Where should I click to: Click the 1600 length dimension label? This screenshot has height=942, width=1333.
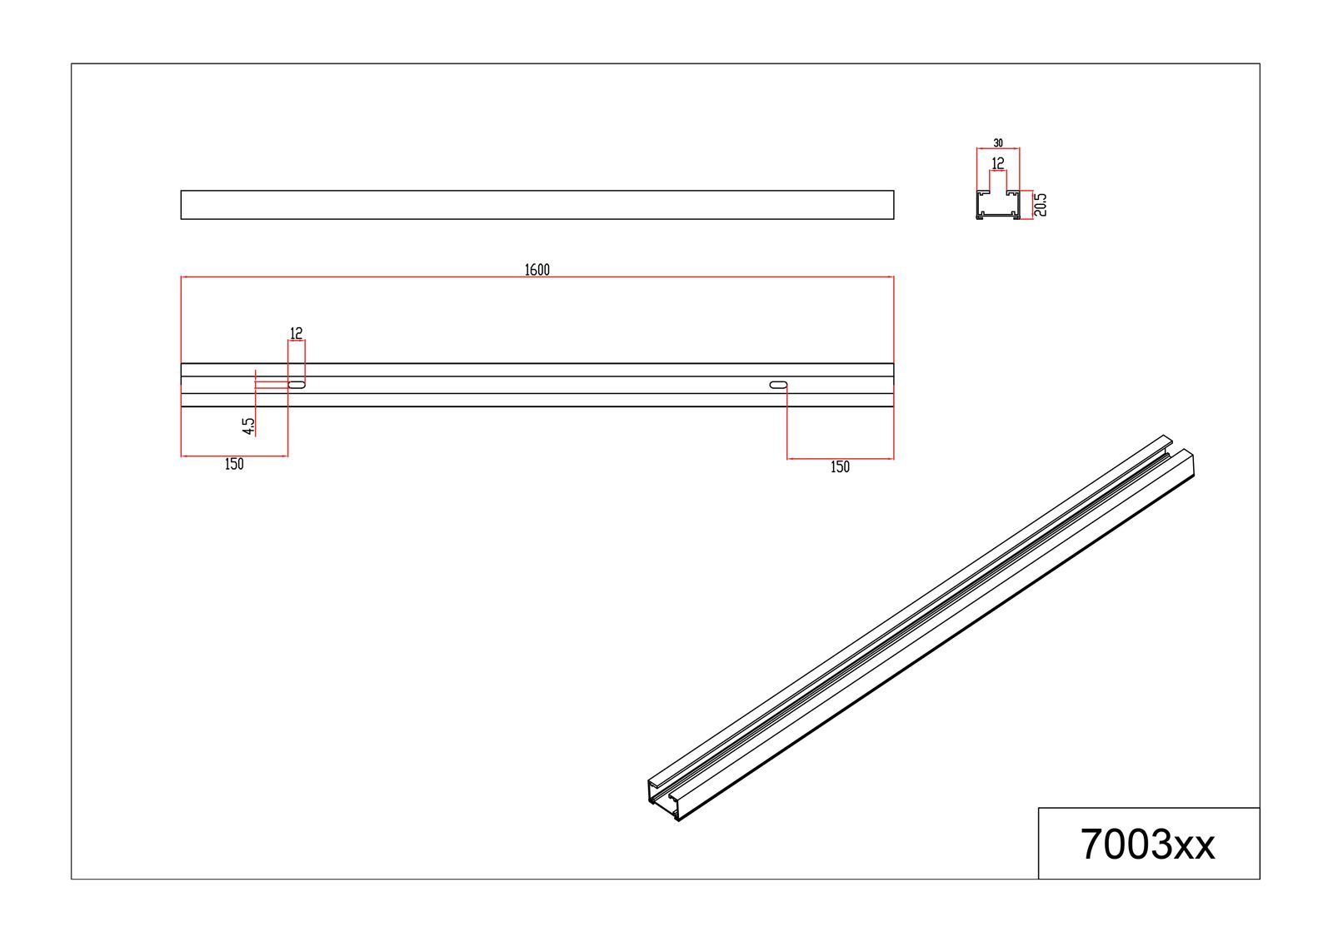point(537,270)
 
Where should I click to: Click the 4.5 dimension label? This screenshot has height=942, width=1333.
point(248,426)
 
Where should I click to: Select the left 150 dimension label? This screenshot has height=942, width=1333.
point(234,465)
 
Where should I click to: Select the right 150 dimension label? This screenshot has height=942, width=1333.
point(840,467)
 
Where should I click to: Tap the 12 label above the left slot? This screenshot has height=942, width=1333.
point(296,333)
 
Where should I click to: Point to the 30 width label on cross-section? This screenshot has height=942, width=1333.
point(998,143)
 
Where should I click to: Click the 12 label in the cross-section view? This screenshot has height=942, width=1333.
point(998,163)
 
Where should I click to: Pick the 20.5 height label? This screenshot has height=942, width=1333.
point(1041,204)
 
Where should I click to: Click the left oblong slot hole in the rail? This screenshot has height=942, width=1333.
point(297,385)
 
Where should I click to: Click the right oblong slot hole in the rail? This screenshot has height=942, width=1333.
point(778,385)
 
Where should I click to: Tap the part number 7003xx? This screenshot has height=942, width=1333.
point(1147,845)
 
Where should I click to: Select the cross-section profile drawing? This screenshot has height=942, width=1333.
point(998,206)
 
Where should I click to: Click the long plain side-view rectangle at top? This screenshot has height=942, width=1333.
point(537,205)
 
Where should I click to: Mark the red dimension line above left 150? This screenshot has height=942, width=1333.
point(234,456)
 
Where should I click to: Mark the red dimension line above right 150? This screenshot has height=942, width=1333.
point(840,458)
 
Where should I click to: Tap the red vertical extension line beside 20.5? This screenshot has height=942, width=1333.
point(1031,204)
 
